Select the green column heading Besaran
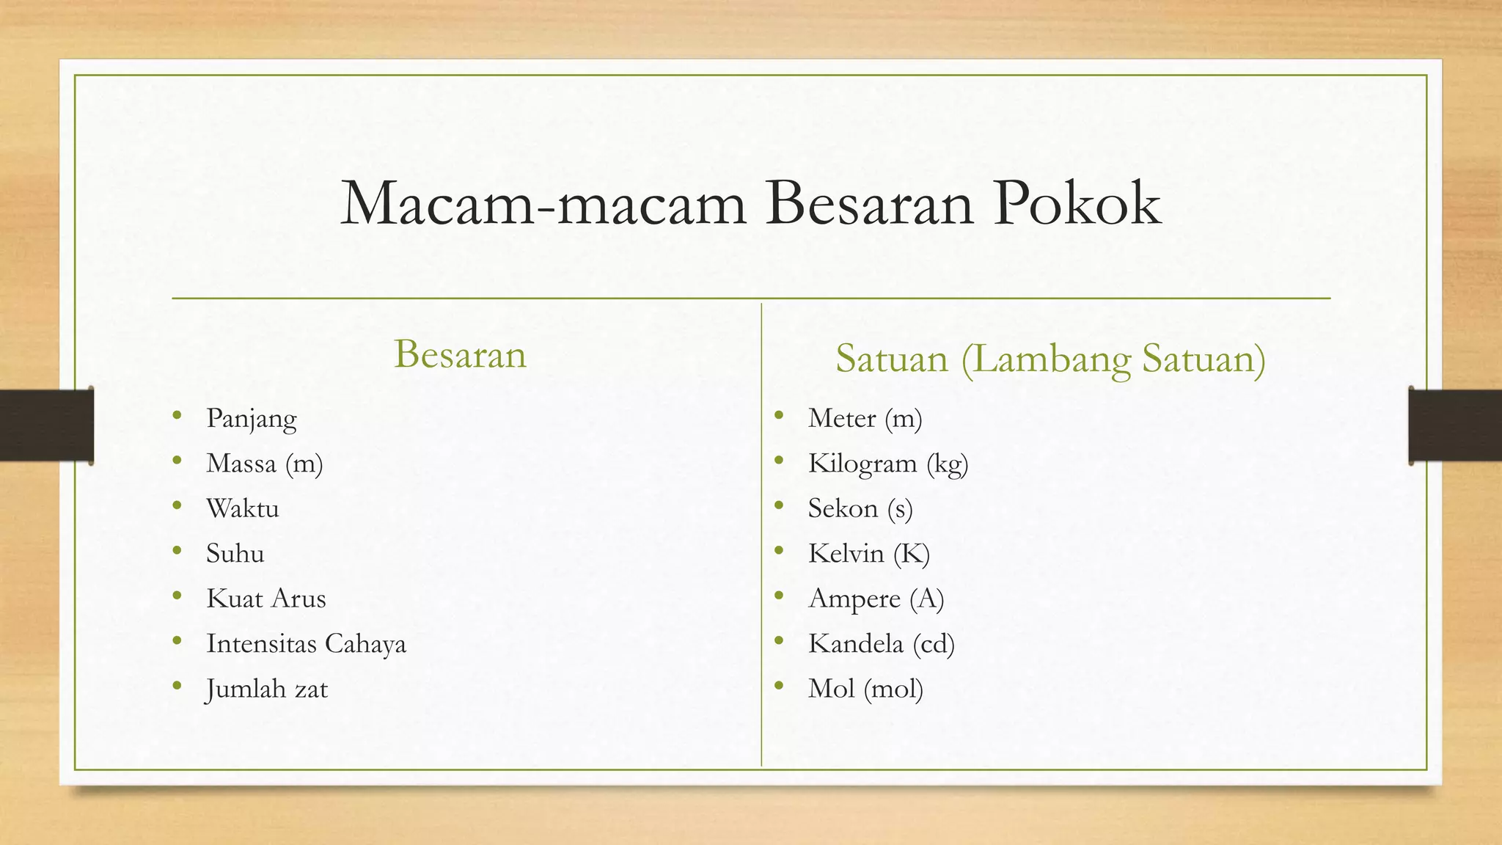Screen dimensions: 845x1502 point(460,354)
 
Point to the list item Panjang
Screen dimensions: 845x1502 point(252,419)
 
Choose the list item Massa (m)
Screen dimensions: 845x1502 point(265,464)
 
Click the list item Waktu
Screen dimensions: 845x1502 point(243,508)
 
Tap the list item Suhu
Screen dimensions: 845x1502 point(235,553)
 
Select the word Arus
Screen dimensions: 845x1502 point(296,599)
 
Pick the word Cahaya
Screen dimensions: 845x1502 point(365,643)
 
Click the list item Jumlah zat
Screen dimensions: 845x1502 point(266,689)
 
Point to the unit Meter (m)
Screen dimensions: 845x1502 point(865,418)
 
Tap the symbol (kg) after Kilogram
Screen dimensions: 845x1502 point(948,464)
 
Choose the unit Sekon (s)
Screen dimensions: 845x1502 point(860,508)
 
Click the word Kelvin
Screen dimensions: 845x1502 point(846,553)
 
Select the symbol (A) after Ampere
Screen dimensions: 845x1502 point(927,599)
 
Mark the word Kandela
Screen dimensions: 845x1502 point(855,643)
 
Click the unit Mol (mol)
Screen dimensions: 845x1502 point(865,689)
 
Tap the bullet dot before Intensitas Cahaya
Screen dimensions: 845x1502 point(177,642)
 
